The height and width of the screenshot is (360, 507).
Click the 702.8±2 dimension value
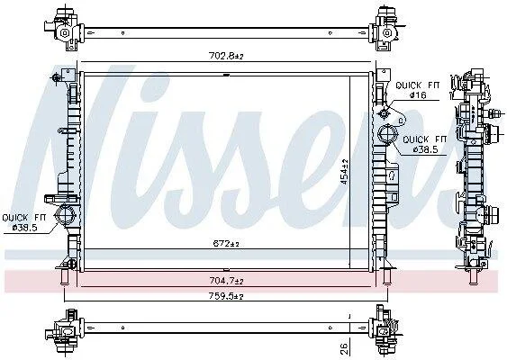tap(226, 56)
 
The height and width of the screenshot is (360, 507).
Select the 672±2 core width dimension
tap(226, 244)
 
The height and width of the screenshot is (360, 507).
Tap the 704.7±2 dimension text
tap(226, 281)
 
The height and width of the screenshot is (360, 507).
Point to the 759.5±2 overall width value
tap(226, 296)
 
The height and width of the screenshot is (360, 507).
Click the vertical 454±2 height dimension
tap(344, 172)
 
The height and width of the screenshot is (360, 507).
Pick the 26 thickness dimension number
tap(344, 348)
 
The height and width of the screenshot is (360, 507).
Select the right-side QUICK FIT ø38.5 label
tap(425, 145)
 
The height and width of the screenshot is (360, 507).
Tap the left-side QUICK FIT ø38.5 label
tap(24, 222)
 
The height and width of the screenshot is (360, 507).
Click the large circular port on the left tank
tap(66, 214)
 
